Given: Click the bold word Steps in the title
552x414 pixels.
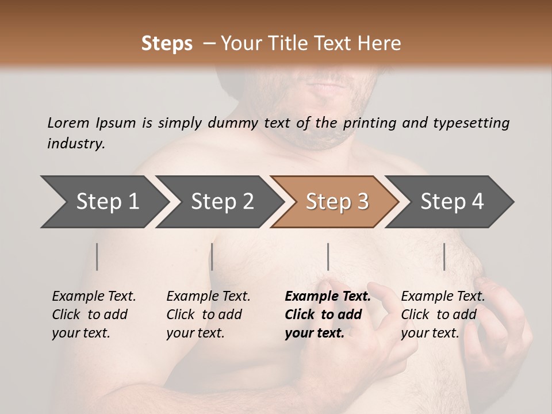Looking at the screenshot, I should pyautogui.click(x=167, y=44).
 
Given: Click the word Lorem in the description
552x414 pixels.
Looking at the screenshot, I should pyautogui.click(x=68, y=122).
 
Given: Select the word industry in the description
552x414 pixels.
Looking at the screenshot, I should pyautogui.click(x=76, y=144).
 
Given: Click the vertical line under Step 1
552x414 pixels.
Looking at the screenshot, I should pyautogui.click(x=97, y=256).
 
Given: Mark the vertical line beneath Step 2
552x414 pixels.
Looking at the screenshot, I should pyautogui.click(x=212, y=256).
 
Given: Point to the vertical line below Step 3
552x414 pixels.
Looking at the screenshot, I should pyautogui.click(x=328, y=256).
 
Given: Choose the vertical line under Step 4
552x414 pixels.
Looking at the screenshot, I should pyautogui.click(x=444, y=256).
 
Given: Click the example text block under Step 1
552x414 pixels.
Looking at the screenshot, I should pyautogui.click(x=94, y=315).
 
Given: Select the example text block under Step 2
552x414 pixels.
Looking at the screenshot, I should pyautogui.click(x=208, y=315).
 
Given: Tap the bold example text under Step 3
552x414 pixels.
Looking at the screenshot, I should pyautogui.click(x=327, y=315).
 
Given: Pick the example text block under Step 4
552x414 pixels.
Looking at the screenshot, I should pyautogui.click(x=443, y=315).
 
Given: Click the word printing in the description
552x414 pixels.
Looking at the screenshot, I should pyautogui.click(x=368, y=122).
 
